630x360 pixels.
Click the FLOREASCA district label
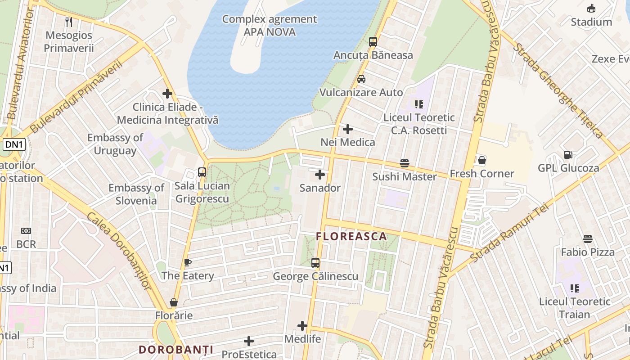pyautogui.click(x=351, y=236)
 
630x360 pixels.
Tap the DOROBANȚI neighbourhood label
pyautogui.click(x=175, y=350)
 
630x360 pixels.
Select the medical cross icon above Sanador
pyautogui.click(x=320, y=174)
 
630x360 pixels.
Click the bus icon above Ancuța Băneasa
pyautogui.click(x=373, y=42)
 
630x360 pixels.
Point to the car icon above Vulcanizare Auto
pyautogui.click(x=361, y=79)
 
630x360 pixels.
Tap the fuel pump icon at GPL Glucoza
pyautogui.click(x=568, y=155)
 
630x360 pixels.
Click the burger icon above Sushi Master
pyautogui.click(x=404, y=163)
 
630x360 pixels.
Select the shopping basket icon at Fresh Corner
pyautogui.click(x=481, y=160)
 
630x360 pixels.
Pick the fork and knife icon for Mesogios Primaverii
pyautogui.click(x=68, y=22)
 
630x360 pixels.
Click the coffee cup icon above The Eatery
pyautogui.click(x=188, y=262)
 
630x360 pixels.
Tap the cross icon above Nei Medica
pyautogui.click(x=347, y=129)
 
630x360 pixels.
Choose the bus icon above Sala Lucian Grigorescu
pyautogui.click(x=202, y=172)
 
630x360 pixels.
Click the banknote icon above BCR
pyautogui.click(x=26, y=231)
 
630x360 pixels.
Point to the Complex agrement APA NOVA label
pyautogui.click(x=270, y=26)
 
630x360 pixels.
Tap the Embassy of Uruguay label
pyautogui.click(x=115, y=144)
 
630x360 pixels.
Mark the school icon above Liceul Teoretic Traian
pyautogui.click(x=574, y=288)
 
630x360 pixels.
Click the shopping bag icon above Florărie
pyautogui.click(x=174, y=302)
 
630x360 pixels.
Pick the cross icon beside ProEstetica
pyautogui.click(x=248, y=341)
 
